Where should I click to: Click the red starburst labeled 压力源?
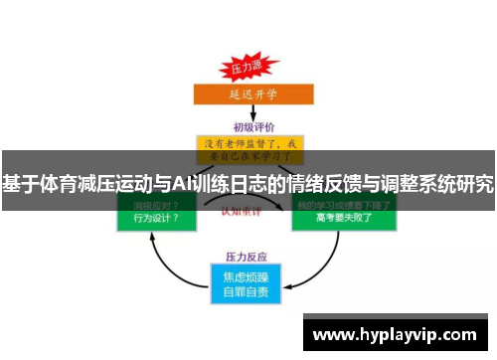pyautogui.click(x=246, y=70)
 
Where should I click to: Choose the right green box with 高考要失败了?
pyautogui.click(x=343, y=213)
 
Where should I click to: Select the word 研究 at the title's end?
pyautogui.click(x=473, y=184)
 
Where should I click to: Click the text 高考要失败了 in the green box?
pyautogui.click(x=343, y=220)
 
